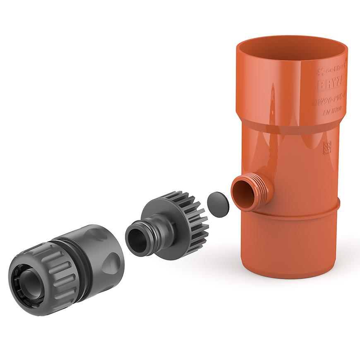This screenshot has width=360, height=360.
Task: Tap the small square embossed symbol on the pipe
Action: click(327, 147)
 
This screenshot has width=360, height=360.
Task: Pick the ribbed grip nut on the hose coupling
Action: click(50, 275)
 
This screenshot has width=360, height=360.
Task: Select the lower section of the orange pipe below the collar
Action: click(290, 240)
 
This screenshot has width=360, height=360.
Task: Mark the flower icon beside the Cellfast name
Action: click(320, 72)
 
